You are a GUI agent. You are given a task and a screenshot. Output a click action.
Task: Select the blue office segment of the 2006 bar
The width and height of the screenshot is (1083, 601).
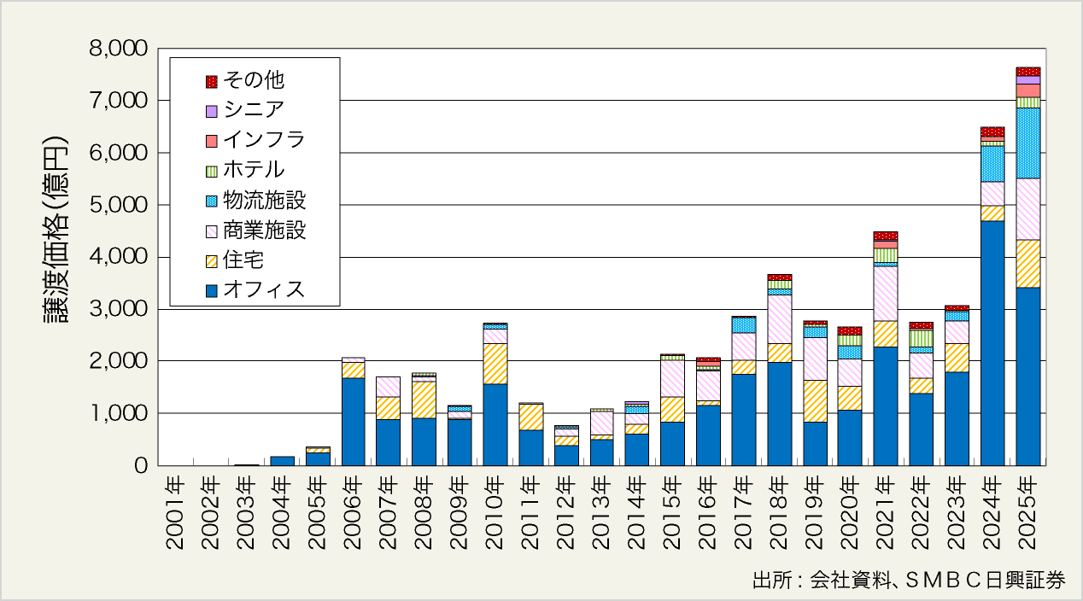click(353, 422)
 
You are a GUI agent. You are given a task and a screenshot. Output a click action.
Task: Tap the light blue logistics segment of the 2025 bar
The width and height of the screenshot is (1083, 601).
click(1027, 143)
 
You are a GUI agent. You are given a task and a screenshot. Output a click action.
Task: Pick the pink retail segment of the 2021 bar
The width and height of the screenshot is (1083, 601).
click(885, 294)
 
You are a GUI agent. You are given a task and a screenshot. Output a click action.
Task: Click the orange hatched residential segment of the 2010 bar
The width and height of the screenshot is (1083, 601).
click(495, 364)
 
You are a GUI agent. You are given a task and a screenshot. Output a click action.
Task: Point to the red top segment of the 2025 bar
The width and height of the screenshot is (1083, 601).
click(1027, 71)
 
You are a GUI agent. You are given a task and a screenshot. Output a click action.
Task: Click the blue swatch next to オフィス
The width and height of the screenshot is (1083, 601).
click(211, 290)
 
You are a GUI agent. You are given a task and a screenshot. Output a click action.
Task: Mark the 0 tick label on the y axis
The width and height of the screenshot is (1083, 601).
click(142, 466)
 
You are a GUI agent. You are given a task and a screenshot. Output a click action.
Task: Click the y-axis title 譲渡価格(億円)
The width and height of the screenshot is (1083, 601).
click(56, 230)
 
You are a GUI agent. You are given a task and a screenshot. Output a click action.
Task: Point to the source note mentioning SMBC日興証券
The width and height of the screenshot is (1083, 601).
click(909, 581)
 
